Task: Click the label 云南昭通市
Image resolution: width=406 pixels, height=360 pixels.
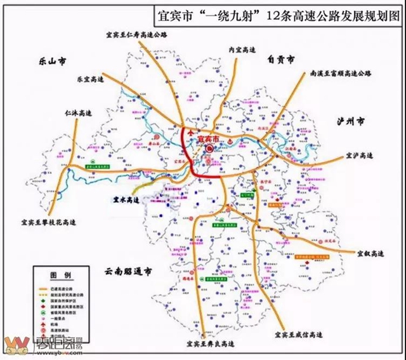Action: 127,271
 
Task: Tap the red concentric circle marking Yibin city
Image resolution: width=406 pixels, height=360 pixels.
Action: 210,148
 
